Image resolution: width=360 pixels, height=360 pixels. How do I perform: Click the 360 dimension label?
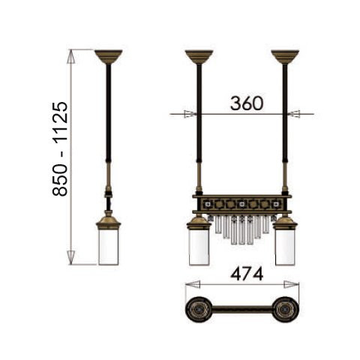point(247,103)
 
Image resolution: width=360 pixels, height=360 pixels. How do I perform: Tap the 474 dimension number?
point(247,274)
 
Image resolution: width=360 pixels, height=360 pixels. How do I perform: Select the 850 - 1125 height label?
point(60,148)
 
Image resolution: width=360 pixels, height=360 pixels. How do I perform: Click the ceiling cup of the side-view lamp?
point(109,57)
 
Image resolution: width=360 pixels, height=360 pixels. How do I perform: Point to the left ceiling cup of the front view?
point(199,57)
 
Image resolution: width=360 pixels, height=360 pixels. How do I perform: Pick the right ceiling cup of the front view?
point(285,57)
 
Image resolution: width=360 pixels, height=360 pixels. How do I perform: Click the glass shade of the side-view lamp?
point(108,247)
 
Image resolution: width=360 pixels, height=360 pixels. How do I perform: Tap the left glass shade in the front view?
point(199,247)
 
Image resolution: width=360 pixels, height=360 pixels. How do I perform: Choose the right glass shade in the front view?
point(285,247)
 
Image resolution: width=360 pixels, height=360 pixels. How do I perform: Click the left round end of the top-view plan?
point(199,310)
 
